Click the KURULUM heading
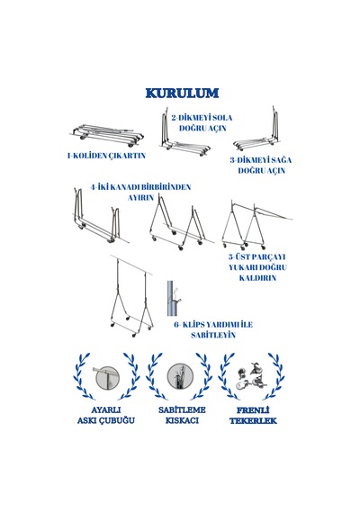(x=182, y=94)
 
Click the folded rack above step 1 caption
(x=107, y=135)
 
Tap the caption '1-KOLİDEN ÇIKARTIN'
(x=106, y=156)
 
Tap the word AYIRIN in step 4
(x=140, y=198)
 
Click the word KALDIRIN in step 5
(x=257, y=278)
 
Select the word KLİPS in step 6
(x=195, y=325)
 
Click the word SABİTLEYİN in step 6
(x=213, y=336)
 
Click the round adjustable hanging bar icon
(x=106, y=377)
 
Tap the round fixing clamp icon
(x=180, y=376)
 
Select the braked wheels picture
(x=252, y=375)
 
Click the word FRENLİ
(x=253, y=410)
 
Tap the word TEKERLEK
(x=253, y=420)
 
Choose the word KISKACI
(x=182, y=420)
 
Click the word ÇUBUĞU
(x=117, y=420)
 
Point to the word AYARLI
(x=106, y=409)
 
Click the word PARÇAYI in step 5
(x=267, y=257)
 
